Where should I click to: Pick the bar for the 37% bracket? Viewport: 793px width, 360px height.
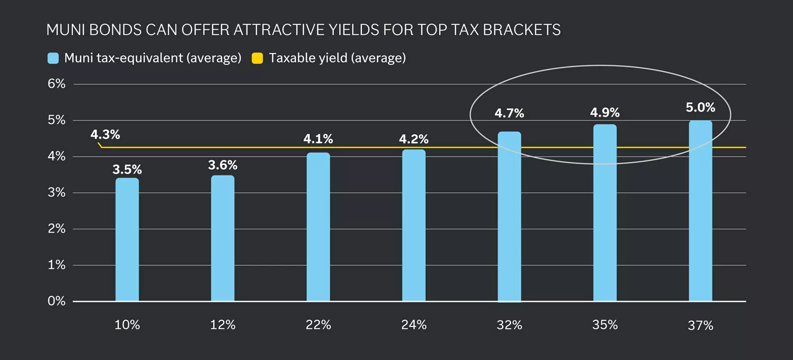(x=700, y=211)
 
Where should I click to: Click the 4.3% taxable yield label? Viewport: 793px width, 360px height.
(x=105, y=134)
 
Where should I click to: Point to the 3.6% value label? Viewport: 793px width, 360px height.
(x=223, y=165)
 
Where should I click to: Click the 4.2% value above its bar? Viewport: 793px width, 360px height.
(x=413, y=139)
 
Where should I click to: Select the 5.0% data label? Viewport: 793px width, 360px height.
(x=700, y=108)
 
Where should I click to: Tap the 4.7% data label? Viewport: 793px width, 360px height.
(x=509, y=113)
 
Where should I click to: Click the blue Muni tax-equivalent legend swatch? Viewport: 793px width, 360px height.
(x=53, y=59)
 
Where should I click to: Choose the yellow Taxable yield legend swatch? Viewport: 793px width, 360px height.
(x=257, y=59)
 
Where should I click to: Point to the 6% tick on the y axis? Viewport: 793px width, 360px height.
(x=57, y=84)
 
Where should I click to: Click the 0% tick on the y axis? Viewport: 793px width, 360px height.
(x=57, y=301)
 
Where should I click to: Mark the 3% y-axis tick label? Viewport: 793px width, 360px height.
(x=57, y=192)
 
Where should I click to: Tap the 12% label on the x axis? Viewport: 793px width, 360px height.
(x=223, y=325)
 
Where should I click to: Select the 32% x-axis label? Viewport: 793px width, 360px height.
(x=509, y=325)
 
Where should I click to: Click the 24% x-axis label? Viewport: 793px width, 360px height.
(x=413, y=325)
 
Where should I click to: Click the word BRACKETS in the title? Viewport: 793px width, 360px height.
(x=521, y=30)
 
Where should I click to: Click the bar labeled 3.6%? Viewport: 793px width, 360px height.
(x=223, y=238)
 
